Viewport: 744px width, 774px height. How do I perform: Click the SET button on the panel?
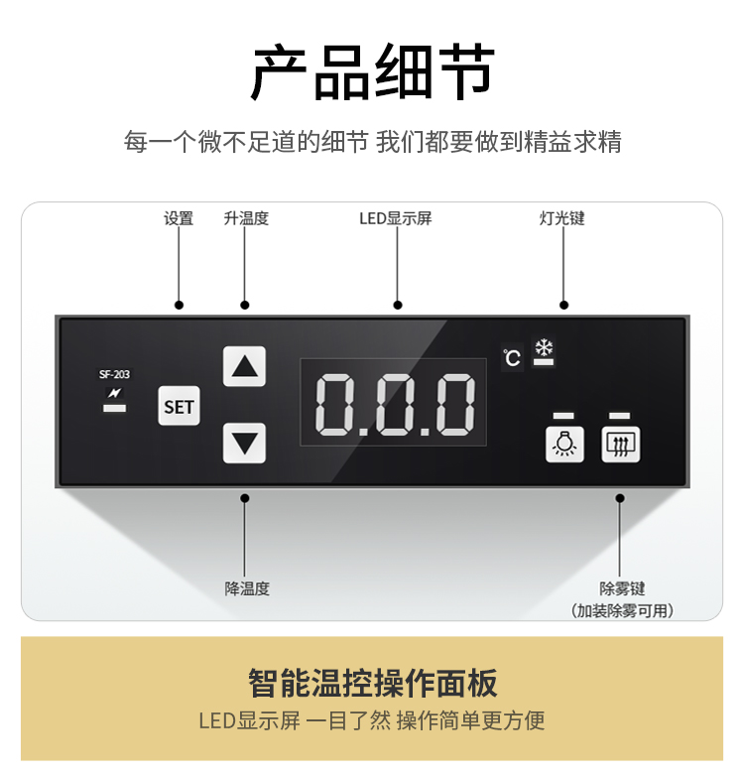[179, 407]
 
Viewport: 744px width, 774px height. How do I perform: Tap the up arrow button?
[244, 367]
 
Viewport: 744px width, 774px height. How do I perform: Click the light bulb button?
[563, 445]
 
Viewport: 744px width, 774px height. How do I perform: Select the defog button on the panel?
[621, 445]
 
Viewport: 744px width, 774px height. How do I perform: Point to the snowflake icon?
[544, 348]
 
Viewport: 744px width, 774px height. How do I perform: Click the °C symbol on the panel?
[512, 357]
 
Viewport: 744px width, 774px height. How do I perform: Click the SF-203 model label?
[114, 374]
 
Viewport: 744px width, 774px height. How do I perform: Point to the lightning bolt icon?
[114, 393]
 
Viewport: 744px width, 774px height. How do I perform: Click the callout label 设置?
[179, 218]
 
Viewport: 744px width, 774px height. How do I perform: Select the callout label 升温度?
[246, 218]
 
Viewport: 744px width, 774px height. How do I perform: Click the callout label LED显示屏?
[396, 218]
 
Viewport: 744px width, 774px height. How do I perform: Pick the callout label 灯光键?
[562, 218]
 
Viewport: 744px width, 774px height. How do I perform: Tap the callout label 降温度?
[246, 588]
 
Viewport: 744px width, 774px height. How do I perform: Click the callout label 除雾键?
[622, 588]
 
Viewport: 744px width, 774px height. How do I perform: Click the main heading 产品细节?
[372, 73]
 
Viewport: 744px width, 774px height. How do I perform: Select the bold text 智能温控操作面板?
[372, 683]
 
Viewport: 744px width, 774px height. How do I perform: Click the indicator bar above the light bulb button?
[563, 415]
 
